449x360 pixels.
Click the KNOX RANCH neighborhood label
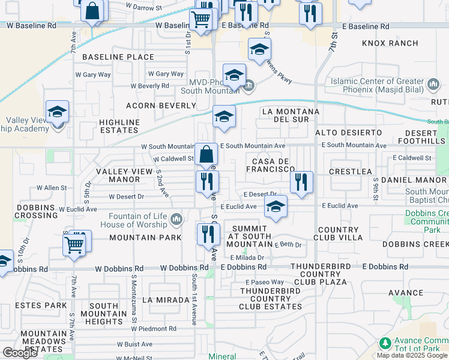click(x=390, y=43)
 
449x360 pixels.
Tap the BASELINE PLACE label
click(x=118, y=57)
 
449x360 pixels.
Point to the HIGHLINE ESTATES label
click(x=119, y=127)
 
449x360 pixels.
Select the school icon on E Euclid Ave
click(x=276, y=206)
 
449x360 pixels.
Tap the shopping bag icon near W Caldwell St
click(x=206, y=154)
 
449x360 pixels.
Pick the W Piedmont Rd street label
click(x=155, y=329)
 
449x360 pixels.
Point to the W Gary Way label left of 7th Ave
click(x=92, y=75)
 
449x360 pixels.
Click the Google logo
click(x=20, y=353)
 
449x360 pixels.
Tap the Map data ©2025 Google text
click(x=412, y=355)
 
